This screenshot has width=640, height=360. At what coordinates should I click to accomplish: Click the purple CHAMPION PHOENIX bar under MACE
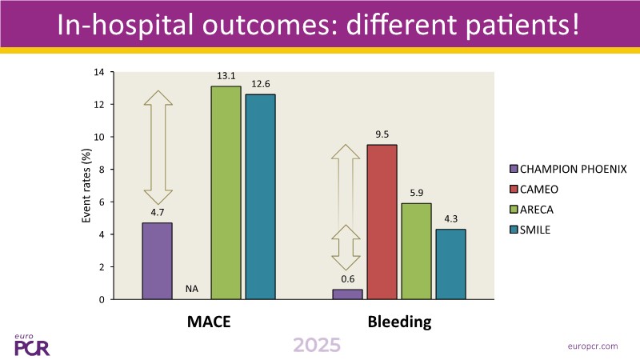(x=157, y=261)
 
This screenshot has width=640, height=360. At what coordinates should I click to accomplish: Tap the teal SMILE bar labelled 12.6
(x=260, y=197)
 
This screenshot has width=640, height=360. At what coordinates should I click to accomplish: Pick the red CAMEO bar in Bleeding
(x=382, y=222)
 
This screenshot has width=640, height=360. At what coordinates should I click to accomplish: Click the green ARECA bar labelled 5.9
(x=416, y=251)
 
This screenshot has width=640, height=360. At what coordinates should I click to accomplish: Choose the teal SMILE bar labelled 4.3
(x=450, y=264)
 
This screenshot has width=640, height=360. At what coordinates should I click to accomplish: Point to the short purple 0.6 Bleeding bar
(x=347, y=294)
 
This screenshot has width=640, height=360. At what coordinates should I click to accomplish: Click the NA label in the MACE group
(x=191, y=289)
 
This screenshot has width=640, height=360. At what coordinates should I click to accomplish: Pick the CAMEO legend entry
(x=541, y=189)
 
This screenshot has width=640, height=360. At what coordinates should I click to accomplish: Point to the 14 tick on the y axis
(x=100, y=72)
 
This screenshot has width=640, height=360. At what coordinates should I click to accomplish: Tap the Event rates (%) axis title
(x=86, y=186)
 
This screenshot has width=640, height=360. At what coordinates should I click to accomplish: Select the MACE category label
(x=209, y=323)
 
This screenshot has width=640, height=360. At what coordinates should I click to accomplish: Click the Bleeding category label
(x=399, y=323)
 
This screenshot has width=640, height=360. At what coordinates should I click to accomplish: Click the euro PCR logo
(x=33, y=344)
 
